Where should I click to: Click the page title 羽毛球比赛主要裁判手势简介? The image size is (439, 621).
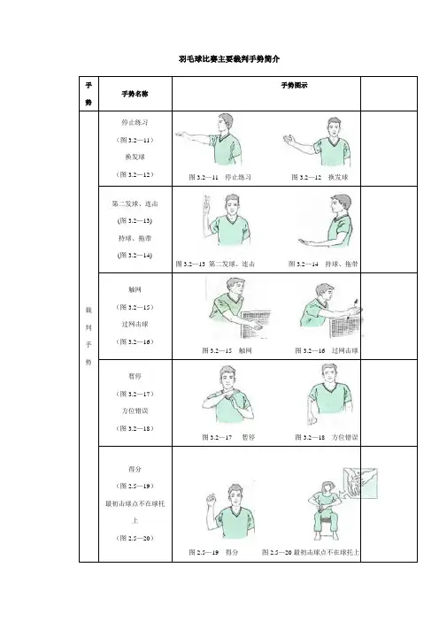coord(229,59)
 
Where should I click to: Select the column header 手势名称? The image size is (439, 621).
coord(135,94)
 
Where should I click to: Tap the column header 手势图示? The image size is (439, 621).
coord(295,85)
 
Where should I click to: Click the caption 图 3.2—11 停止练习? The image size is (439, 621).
coord(219,177)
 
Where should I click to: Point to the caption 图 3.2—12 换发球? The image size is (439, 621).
coord(320,177)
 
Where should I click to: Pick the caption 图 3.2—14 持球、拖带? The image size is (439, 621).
coord(323,264)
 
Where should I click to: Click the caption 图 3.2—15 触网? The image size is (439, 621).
coord(227,350)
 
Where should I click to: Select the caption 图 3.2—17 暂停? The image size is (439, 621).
coord(228,437)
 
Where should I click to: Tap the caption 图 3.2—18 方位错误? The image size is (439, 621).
coord(327,437)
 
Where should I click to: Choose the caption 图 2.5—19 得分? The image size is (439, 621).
coord(213,552)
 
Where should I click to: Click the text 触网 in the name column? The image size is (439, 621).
coord(135,290)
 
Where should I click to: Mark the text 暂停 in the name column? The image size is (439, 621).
coord(135,376)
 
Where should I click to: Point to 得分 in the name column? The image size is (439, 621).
coord(135,470)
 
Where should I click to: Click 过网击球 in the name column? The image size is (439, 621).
coord(135,325)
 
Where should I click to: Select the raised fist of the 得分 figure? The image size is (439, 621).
coord(211,498)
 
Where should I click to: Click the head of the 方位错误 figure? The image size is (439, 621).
coord(330,373)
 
